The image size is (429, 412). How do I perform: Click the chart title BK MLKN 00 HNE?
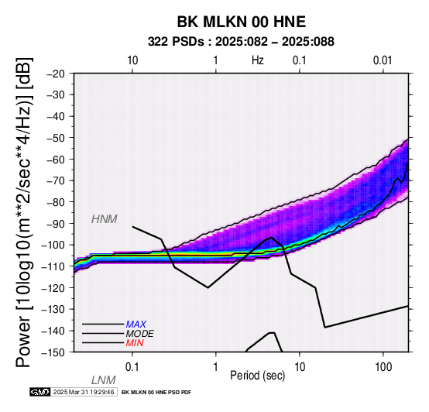242,22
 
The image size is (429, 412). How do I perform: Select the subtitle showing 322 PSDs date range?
241,42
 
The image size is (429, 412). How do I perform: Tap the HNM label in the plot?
105,219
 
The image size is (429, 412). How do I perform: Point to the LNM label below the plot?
104,380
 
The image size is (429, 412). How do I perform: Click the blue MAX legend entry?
136,324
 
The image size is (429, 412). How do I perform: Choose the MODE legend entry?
140,334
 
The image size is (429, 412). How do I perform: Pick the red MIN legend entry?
135,343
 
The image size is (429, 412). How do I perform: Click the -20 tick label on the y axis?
56,74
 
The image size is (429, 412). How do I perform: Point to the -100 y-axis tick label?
53,245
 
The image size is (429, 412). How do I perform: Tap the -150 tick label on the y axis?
53,352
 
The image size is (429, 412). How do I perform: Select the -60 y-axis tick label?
56,159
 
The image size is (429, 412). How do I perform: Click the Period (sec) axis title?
257,376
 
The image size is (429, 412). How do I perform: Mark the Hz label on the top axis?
257,60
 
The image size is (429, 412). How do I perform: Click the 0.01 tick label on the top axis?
383,60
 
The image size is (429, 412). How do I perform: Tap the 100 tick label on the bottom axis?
383,367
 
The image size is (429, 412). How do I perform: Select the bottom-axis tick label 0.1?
132,367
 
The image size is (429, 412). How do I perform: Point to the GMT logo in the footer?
40,392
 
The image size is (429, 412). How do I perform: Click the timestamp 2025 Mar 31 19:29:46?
84,392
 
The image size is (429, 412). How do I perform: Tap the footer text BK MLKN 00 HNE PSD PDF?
156,393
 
